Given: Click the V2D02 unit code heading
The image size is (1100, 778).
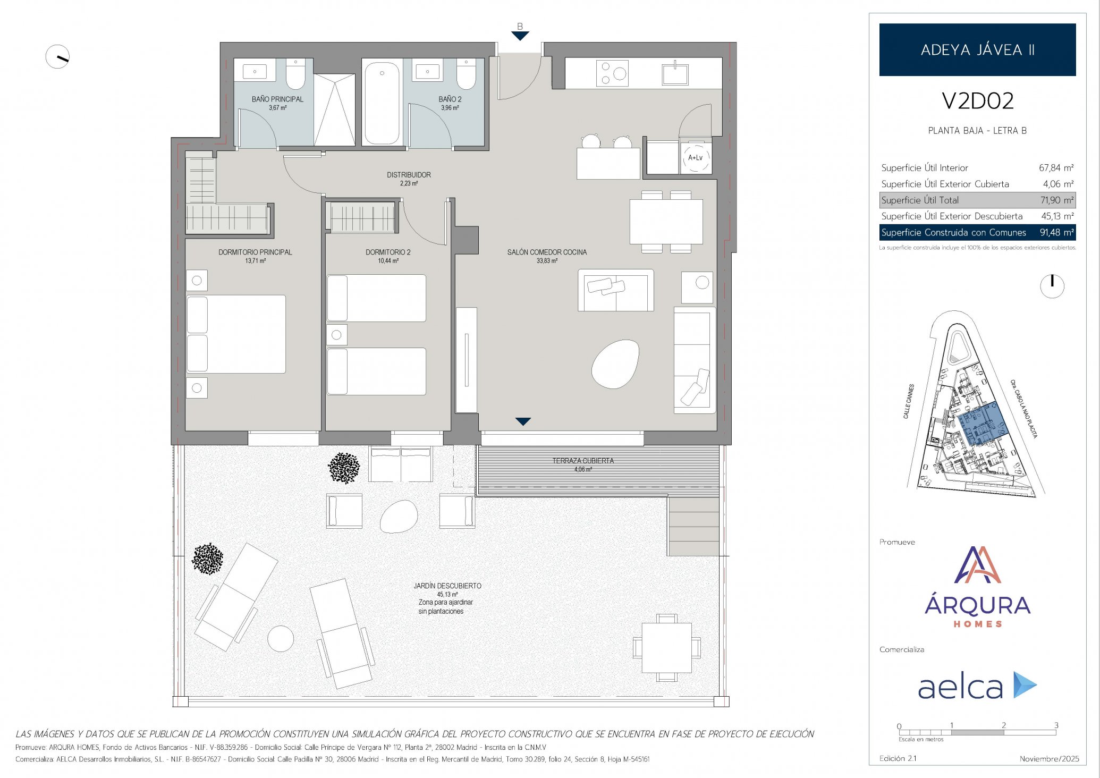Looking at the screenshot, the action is (x=977, y=101).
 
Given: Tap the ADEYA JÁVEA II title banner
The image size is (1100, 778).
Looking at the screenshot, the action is (x=977, y=49).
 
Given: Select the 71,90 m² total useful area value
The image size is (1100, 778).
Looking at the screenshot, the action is (x=1057, y=200).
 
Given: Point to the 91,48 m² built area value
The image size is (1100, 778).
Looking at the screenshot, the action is (x=1057, y=232).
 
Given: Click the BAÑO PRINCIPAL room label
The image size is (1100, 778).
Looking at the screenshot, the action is (x=277, y=99).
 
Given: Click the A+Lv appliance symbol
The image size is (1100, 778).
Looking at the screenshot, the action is (x=695, y=158).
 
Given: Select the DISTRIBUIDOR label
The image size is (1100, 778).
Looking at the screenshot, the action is (x=409, y=175).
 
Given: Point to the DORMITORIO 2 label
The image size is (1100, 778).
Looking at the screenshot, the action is (x=388, y=252).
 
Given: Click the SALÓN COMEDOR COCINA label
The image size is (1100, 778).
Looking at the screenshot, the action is (x=547, y=252).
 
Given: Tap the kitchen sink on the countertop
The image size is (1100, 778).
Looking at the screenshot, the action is (x=675, y=74).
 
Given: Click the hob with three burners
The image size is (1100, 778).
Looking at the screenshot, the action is (x=612, y=73).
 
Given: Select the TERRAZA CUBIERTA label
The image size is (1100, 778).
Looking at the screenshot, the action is (x=583, y=461).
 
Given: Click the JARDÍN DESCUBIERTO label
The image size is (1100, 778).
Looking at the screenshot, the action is (x=447, y=586).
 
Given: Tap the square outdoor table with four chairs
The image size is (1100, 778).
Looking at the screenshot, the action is (x=666, y=648).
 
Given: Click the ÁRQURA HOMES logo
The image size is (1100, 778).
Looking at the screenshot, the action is (x=977, y=587).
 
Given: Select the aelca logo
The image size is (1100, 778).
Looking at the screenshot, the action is (x=977, y=686).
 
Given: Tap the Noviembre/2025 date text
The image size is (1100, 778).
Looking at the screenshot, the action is (x=1050, y=759).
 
